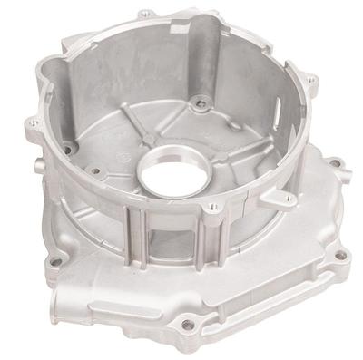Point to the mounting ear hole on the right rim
311,82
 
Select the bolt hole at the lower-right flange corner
339,255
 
